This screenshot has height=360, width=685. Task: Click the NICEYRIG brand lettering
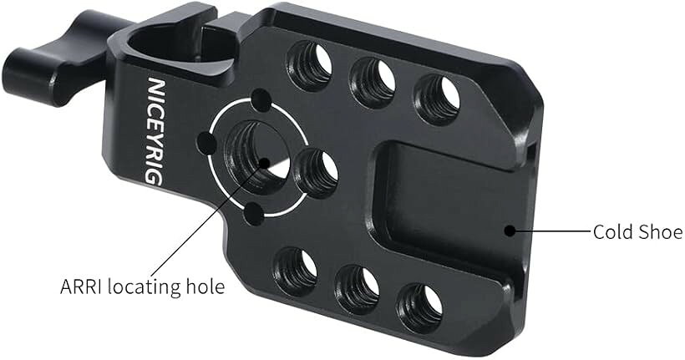point(155,131)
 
